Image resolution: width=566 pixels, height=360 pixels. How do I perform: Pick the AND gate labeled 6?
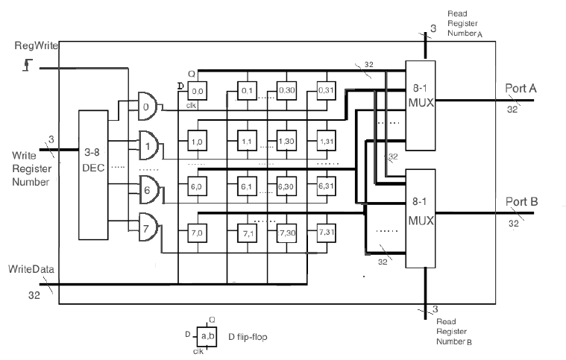(x=148, y=189)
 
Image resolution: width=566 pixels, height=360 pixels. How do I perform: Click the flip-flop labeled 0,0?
(x=198, y=92)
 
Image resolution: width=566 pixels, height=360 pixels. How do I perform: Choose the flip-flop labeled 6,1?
(x=248, y=186)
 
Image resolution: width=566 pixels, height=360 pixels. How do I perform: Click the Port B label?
(x=522, y=201)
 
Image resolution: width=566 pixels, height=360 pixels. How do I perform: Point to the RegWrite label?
(x=33, y=46)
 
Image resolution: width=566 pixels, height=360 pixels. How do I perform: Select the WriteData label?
(x=32, y=268)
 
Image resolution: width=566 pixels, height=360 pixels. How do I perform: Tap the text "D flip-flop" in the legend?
(x=248, y=337)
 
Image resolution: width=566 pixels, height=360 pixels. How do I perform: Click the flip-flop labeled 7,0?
(x=198, y=233)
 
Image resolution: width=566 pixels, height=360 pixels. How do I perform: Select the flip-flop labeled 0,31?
(x=324, y=92)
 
